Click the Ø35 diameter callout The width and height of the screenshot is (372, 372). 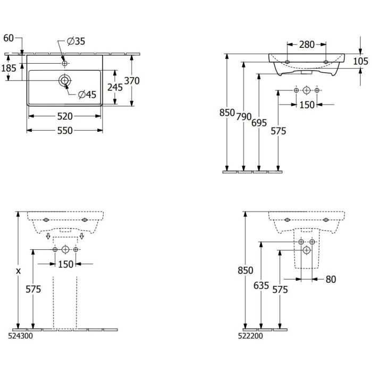click(x=76, y=41)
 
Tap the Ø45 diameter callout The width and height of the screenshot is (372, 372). click(x=87, y=95)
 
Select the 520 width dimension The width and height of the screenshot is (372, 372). click(x=65, y=116)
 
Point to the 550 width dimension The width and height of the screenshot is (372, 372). click(x=65, y=131)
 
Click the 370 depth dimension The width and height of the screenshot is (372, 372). click(x=132, y=81)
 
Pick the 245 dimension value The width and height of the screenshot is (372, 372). click(x=115, y=87)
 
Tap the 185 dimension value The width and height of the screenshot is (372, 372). click(x=9, y=69)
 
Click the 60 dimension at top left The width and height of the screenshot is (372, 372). click(x=9, y=38)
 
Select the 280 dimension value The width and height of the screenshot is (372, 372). click(x=307, y=44)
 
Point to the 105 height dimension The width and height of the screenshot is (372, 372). click(x=361, y=61)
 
